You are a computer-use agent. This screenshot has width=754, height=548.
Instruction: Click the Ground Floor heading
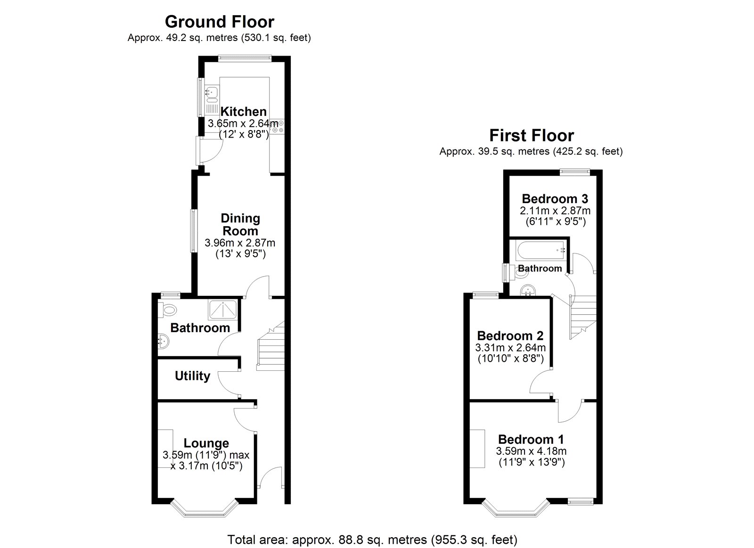click(x=219, y=22)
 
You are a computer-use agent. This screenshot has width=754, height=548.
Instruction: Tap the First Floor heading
click(x=531, y=136)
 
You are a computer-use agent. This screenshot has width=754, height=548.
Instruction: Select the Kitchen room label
click(x=243, y=112)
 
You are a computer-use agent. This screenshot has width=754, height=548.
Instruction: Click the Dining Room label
click(x=240, y=224)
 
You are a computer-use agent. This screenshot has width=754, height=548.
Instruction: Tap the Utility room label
click(x=192, y=376)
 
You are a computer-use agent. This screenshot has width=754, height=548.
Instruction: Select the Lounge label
click(x=206, y=443)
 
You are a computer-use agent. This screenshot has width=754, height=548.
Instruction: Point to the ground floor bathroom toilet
click(x=167, y=310)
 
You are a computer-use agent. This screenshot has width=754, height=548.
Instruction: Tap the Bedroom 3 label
click(x=555, y=198)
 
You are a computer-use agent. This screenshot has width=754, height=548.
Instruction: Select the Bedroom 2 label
click(x=510, y=336)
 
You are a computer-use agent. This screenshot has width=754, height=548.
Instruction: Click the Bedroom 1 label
click(x=531, y=439)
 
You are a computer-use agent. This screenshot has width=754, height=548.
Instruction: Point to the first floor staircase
click(x=583, y=315)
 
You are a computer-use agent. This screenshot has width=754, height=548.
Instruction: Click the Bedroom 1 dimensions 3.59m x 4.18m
click(x=531, y=451)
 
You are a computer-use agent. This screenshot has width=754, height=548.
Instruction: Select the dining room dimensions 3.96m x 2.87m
click(x=240, y=243)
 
